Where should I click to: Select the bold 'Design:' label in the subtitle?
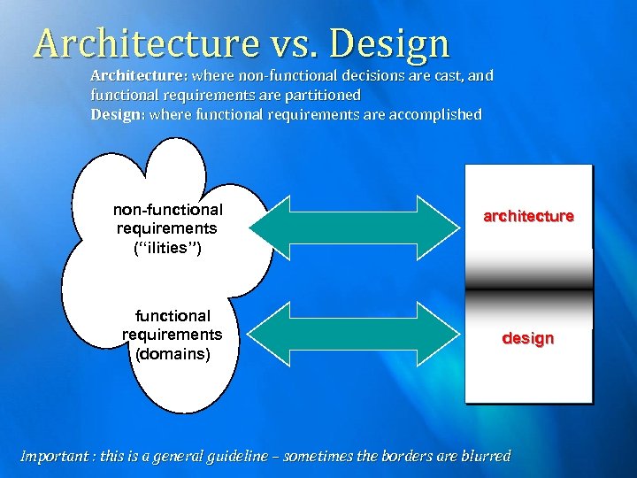[x=119, y=114]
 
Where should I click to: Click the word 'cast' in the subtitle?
[x=449, y=76]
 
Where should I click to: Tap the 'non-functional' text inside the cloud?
[x=167, y=210]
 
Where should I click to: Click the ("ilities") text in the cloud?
[x=167, y=249]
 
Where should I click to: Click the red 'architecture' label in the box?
[x=528, y=216]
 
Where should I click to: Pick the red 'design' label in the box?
[x=528, y=338]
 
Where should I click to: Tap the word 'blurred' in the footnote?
[x=487, y=457]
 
